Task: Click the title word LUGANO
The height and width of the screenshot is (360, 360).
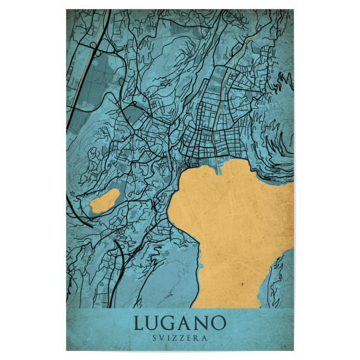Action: (179, 323)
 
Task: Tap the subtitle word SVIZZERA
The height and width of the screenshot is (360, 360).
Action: (179, 338)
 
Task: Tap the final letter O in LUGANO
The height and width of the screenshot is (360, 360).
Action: (218, 323)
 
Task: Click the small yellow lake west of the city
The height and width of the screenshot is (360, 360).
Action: (104, 202)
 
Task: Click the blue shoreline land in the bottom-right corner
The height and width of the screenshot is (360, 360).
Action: (282, 282)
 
